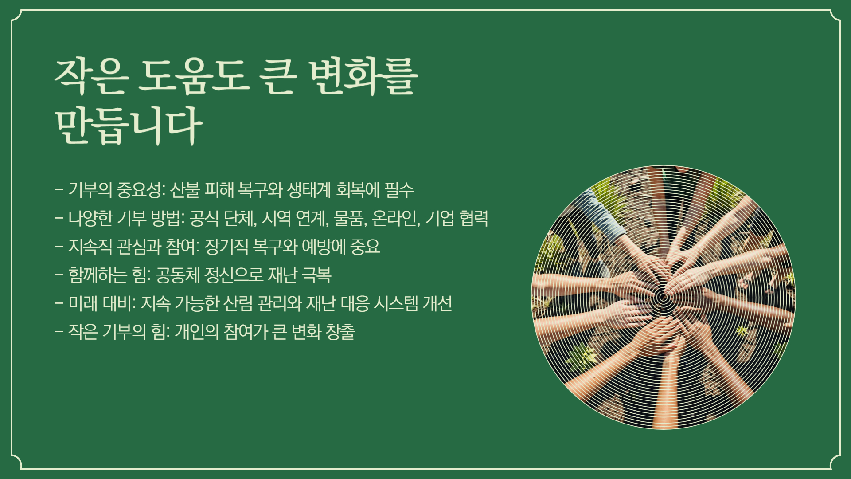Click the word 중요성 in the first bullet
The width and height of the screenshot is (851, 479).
(x=140, y=190)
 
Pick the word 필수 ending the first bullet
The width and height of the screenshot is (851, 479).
(x=399, y=190)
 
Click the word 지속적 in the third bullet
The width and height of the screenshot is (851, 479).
(x=90, y=247)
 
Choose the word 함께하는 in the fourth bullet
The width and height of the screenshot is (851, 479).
(x=98, y=275)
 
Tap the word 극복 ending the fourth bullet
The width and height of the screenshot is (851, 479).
(x=316, y=275)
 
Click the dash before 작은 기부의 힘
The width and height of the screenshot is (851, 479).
(x=59, y=332)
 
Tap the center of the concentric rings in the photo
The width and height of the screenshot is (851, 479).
(x=663, y=298)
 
